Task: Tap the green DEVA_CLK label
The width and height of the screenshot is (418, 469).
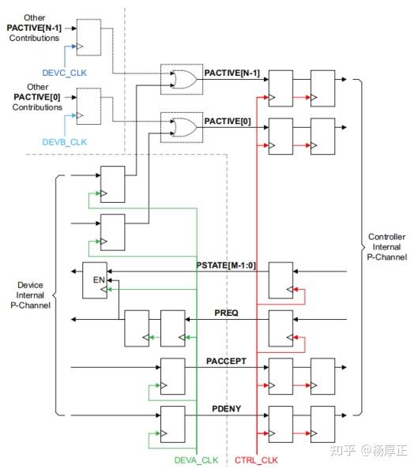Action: click(196, 460)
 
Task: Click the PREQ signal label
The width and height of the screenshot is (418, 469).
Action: click(226, 313)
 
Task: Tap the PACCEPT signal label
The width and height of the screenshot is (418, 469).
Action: click(226, 361)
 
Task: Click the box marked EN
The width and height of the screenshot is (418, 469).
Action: click(97, 280)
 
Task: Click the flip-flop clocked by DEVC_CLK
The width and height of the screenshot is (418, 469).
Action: click(88, 37)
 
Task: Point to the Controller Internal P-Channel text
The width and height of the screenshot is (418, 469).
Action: click(387, 246)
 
